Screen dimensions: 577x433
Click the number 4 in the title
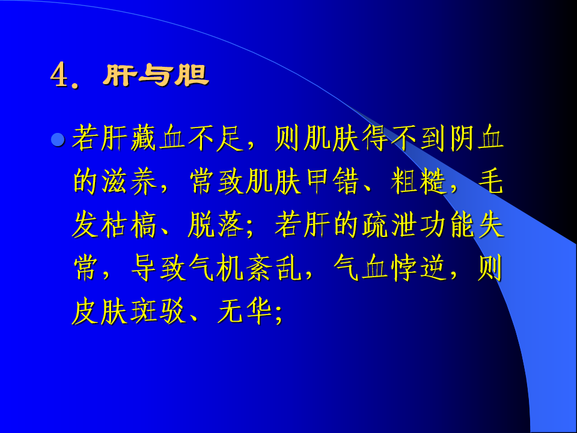point(60,75)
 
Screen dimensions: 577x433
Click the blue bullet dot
point(58,140)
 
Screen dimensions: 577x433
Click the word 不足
point(216,138)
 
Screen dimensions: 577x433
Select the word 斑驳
point(158,312)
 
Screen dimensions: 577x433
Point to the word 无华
point(245,312)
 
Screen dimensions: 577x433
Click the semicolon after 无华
point(278,316)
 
